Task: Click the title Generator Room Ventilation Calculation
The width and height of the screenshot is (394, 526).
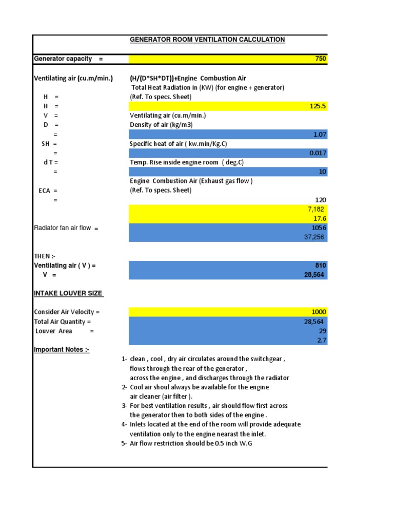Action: [x=207, y=40]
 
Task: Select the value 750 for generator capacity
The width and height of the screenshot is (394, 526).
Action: [x=320, y=59]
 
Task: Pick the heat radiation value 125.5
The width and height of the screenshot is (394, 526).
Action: [x=318, y=106]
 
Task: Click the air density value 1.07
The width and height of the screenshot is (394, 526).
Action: [x=320, y=135]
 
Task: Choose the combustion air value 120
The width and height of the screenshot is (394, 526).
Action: [x=321, y=200]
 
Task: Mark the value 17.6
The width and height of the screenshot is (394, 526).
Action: [x=320, y=218]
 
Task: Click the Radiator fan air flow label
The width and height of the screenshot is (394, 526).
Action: [x=66, y=228]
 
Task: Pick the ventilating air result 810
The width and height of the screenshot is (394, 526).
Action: [x=321, y=266]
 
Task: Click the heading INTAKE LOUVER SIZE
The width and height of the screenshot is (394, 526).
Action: [x=68, y=293]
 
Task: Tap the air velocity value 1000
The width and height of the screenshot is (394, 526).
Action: [x=319, y=312]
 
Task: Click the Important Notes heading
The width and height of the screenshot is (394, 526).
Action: [x=62, y=350]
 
